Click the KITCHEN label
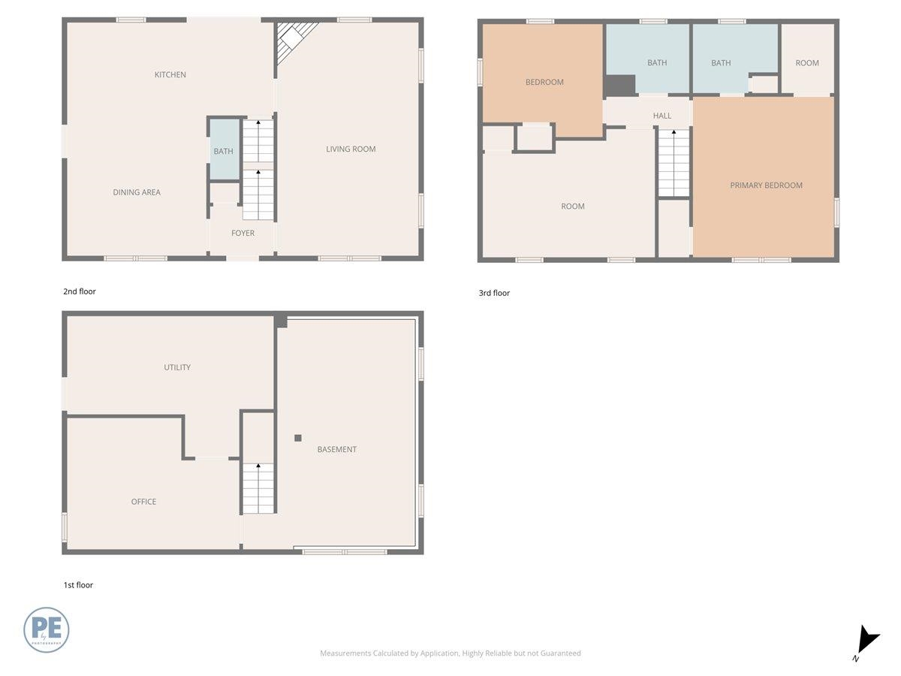pos(170,74)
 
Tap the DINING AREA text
pos(137,192)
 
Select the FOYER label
pos(243,234)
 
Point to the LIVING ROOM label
pos(351,149)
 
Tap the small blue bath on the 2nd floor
pos(223,150)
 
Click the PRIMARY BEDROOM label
pos(766,186)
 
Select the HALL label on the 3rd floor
pos(661,116)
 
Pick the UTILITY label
pos(177,367)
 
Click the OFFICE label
pos(143,502)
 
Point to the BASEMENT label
pos(336,450)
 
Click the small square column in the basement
pos(298,438)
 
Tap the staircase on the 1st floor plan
pos(258,488)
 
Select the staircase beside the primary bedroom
pos(673,163)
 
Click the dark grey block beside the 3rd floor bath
pos(620,86)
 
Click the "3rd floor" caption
pos(494,293)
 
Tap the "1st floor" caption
pos(78,585)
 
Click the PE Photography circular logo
pos(47,629)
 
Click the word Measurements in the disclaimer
pos(345,653)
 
